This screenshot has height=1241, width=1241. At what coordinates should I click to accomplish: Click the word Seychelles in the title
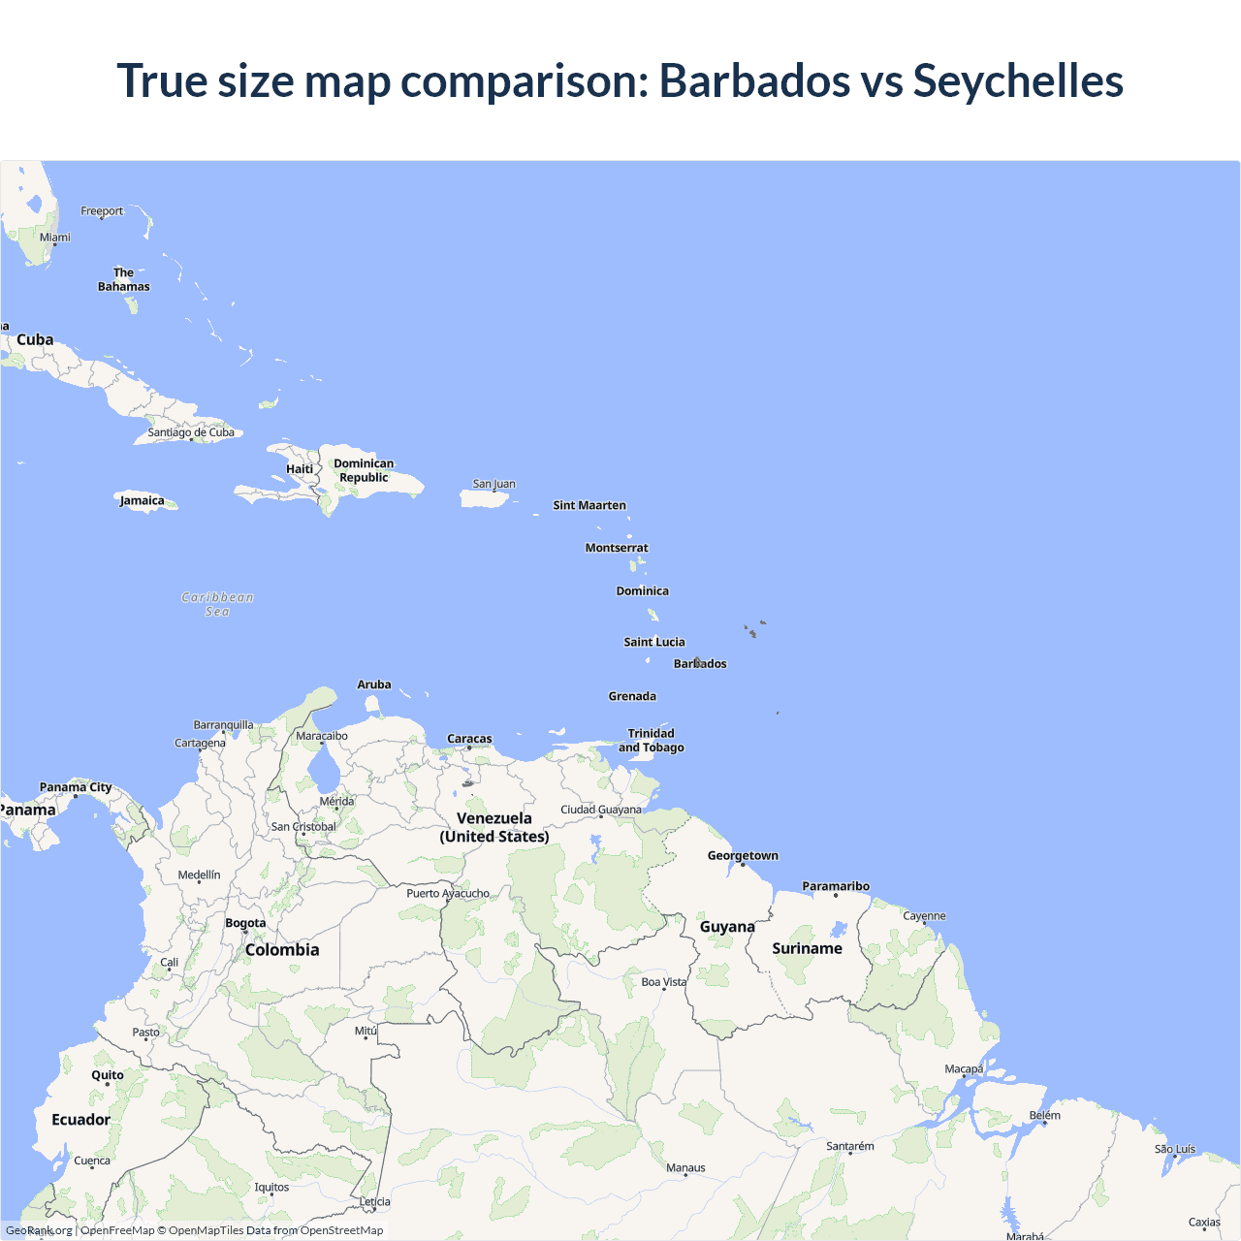1017,80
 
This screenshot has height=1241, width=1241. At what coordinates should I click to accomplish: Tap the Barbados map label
700,664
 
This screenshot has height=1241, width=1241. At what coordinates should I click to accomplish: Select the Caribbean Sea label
217,604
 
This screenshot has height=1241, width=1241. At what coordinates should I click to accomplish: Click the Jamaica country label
142,501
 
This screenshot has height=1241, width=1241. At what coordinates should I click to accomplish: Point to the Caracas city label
469,739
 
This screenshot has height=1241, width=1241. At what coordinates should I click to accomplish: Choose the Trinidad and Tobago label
652,741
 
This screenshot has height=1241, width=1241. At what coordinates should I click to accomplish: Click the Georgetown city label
743,855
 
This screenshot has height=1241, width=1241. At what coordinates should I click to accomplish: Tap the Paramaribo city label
836,886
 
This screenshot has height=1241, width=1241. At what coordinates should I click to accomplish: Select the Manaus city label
685,1167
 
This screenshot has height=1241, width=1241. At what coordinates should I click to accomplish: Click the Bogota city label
245,923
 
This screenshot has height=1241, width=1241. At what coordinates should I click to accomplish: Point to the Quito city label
108,1074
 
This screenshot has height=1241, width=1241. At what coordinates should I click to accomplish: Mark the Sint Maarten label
589,505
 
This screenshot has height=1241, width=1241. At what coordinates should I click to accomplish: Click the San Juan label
493,484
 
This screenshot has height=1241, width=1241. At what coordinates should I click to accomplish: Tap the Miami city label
54,237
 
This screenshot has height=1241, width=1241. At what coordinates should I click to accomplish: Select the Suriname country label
807,948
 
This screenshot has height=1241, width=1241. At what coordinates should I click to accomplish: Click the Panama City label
75,787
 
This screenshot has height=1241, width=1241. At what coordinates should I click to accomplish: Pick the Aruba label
374,684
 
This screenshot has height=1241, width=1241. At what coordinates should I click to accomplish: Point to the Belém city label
1044,1115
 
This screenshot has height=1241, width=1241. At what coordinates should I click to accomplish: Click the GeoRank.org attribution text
39,1230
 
